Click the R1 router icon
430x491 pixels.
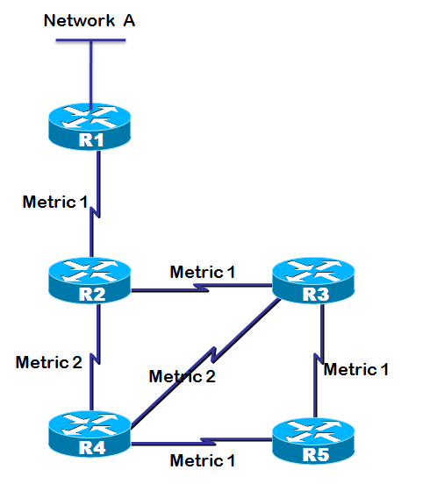[x=90, y=126]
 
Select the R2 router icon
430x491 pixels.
[x=90, y=281]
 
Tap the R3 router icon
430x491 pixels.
[x=313, y=281]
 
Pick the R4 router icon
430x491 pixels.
[x=90, y=434]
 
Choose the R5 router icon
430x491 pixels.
[x=313, y=441]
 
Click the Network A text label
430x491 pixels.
[x=90, y=21]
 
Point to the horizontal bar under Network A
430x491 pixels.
[x=90, y=40]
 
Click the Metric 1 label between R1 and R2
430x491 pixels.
[x=55, y=202]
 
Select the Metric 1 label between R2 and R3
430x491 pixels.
[x=203, y=272]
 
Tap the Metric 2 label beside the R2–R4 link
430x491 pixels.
[x=49, y=362]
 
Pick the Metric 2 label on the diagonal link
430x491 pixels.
[x=183, y=376]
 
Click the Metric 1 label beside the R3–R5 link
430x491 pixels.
[x=356, y=369]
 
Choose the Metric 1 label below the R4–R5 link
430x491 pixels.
[x=203, y=460]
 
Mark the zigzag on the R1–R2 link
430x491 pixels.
[x=95, y=212]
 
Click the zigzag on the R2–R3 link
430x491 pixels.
[x=201, y=288]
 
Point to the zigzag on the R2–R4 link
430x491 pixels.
[x=95, y=359]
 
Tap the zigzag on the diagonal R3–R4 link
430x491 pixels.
[x=214, y=354]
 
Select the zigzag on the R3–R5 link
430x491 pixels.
[x=319, y=359]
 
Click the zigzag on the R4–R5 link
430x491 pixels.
[x=208, y=442]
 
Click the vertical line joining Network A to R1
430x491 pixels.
[x=91, y=75]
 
